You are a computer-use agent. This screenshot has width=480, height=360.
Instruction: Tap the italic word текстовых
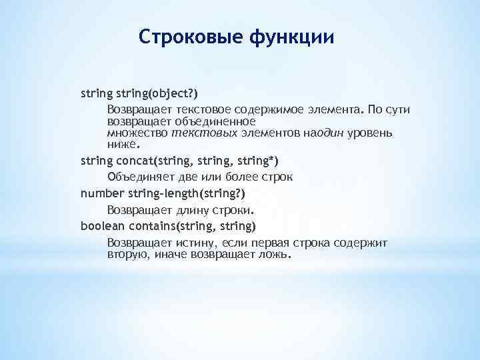(196, 133)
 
